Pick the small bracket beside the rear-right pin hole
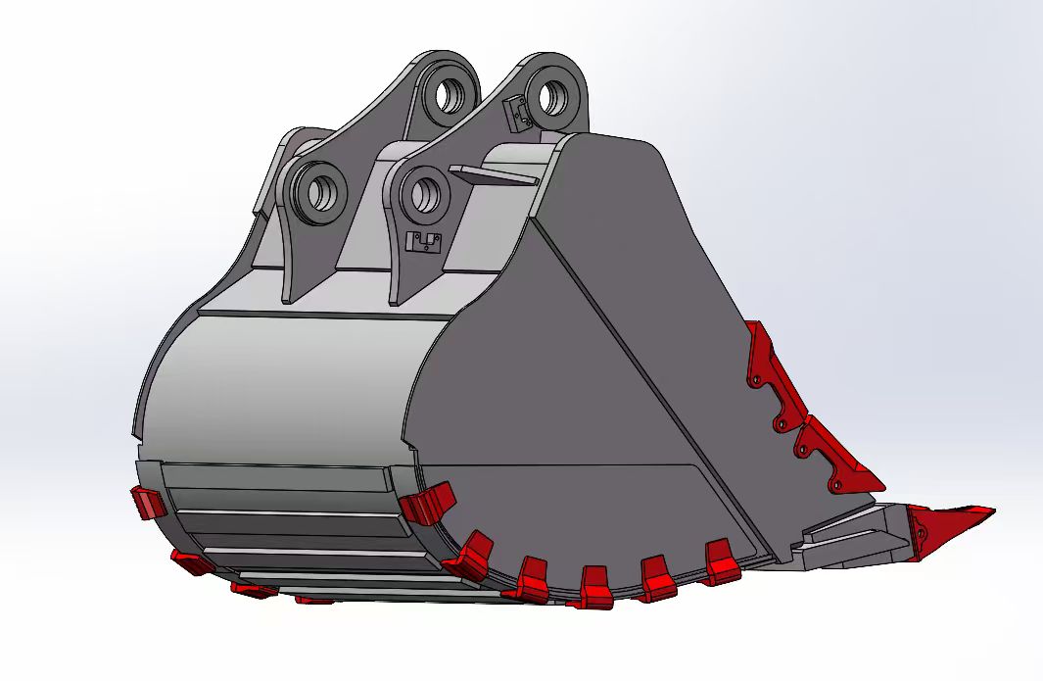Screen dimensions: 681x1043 click(x=515, y=113)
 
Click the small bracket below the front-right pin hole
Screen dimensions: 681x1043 click(x=423, y=242)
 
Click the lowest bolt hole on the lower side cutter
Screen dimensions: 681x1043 click(x=837, y=483)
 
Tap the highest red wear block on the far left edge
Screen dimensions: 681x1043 click(x=147, y=503)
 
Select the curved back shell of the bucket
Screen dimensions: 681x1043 click(x=284, y=382)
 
